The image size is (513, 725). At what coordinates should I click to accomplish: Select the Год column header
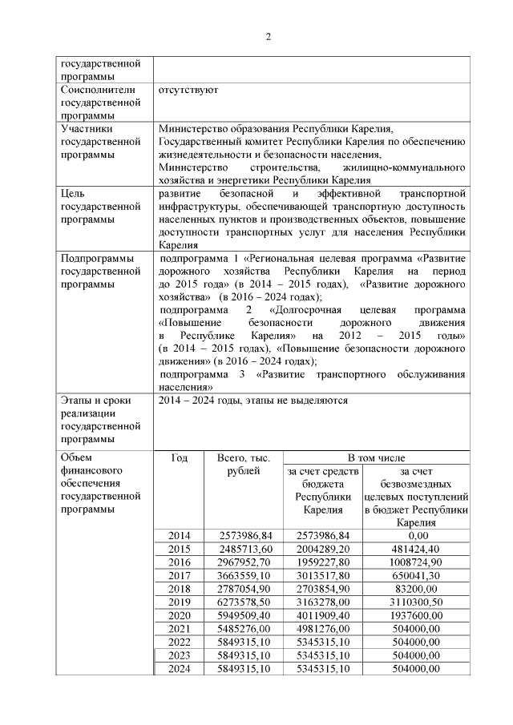(180, 458)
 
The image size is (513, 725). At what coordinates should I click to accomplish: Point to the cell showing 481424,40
(414, 549)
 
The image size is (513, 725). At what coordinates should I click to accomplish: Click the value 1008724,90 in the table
(414, 562)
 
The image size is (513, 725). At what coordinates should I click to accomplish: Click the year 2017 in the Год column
(180, 576)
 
